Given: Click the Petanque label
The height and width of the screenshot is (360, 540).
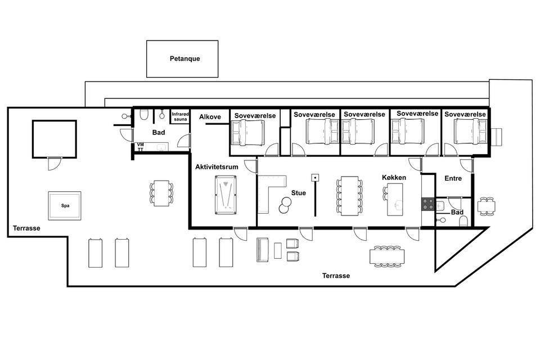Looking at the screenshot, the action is pos(184,58).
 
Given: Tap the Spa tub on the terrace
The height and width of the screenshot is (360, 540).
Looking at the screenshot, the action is pos(65,206).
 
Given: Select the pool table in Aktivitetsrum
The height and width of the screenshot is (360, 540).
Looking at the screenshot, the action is pos(226,195).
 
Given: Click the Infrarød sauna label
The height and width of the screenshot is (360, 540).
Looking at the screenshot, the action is pos(181,116).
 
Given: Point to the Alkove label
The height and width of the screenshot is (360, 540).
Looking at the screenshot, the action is pos(210,117).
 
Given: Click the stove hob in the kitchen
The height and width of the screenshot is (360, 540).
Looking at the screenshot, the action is pos(428,204).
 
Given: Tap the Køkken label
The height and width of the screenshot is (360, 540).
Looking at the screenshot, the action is pos(394,177).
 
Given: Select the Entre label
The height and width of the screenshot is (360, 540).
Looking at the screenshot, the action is pos(453,178).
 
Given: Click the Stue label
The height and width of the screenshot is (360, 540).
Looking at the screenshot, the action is pos(299,193).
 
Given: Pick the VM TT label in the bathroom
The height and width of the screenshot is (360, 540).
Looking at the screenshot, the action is pos(141,147).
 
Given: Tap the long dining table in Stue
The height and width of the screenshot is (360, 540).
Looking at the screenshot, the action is pos(349,196).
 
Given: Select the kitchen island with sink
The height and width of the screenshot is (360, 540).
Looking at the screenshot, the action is pos(395,200).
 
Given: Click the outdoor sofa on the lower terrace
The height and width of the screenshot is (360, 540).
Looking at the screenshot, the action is pos(263,250).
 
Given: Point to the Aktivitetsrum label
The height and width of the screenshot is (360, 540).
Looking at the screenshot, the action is pos(217,166).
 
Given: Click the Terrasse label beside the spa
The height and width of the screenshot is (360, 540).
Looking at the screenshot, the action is pos(26,228).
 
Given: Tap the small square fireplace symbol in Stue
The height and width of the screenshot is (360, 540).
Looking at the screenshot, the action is pos(315,178).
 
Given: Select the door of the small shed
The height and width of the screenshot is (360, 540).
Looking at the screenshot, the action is pos(55,163).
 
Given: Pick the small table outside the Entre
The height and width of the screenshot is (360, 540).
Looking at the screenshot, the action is pos(486,206).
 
